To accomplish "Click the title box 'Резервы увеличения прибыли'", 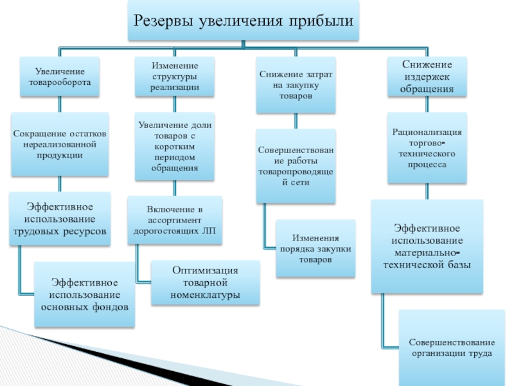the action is pos(244,21).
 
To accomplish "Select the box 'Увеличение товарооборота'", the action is pos(60,77).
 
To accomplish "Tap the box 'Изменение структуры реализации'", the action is pos(174,77).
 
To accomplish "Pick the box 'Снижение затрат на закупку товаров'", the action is pos(296,85).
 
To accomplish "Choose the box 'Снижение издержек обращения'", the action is pos(427,77).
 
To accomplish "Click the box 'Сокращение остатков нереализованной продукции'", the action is pos(60,144).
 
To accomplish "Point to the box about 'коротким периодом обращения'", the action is pos(174,147).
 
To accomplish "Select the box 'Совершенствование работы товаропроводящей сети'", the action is pos(296,166).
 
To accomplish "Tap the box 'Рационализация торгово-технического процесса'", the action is pos(427,148).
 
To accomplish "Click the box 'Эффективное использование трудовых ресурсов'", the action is pos(60,219).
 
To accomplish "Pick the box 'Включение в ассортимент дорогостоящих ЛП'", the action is pos(175,220).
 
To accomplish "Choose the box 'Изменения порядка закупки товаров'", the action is pos(315,248).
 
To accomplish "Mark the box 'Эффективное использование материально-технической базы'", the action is pos(427,246).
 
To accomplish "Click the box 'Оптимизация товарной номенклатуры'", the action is pos(205,282).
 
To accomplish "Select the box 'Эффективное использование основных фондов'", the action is pos(84,295).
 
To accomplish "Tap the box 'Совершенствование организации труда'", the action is pos(452,348).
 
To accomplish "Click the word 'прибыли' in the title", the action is pos(321,21).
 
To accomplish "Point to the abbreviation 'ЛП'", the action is pos(209,231).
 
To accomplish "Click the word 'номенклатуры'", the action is pos(205,295).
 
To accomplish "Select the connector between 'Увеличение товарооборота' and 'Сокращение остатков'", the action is pos(60,104).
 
